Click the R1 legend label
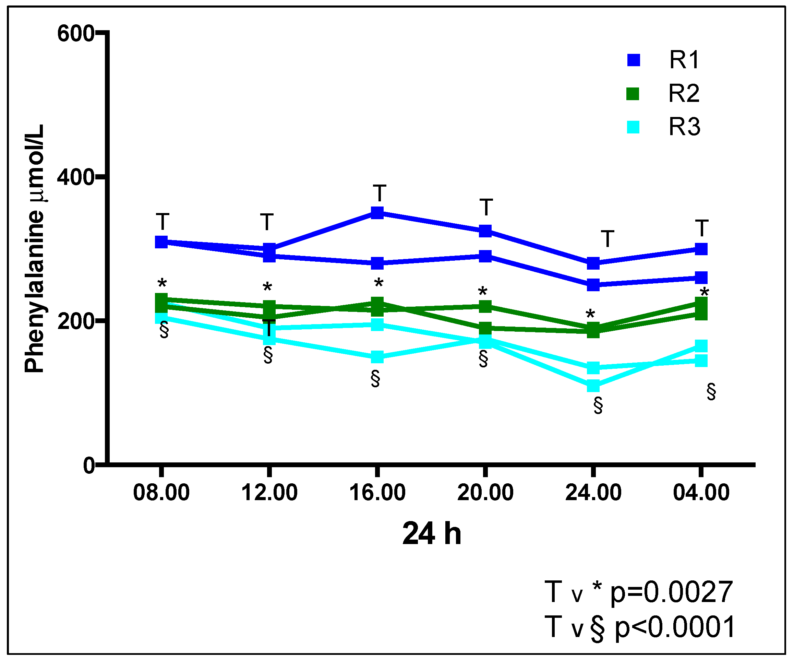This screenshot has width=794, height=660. pos(684,60)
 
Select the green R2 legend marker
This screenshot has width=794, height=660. pos(633,93)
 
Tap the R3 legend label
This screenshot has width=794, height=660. pos(684,127)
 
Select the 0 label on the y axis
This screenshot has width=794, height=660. pos(89,465)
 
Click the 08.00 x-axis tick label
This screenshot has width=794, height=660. pos(161,493)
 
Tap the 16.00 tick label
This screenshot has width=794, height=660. pos(377,493)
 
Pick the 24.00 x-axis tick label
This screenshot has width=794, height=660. pos(593,493)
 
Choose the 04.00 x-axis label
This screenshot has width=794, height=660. pos(701,493)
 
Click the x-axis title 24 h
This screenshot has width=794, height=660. pos(432,534)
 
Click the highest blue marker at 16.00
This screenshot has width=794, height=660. pos(377,213)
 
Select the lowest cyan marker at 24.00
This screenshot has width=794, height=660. pos(593,386)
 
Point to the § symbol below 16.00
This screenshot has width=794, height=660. pos(375,379)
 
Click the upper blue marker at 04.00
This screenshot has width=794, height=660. pos(701,249)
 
